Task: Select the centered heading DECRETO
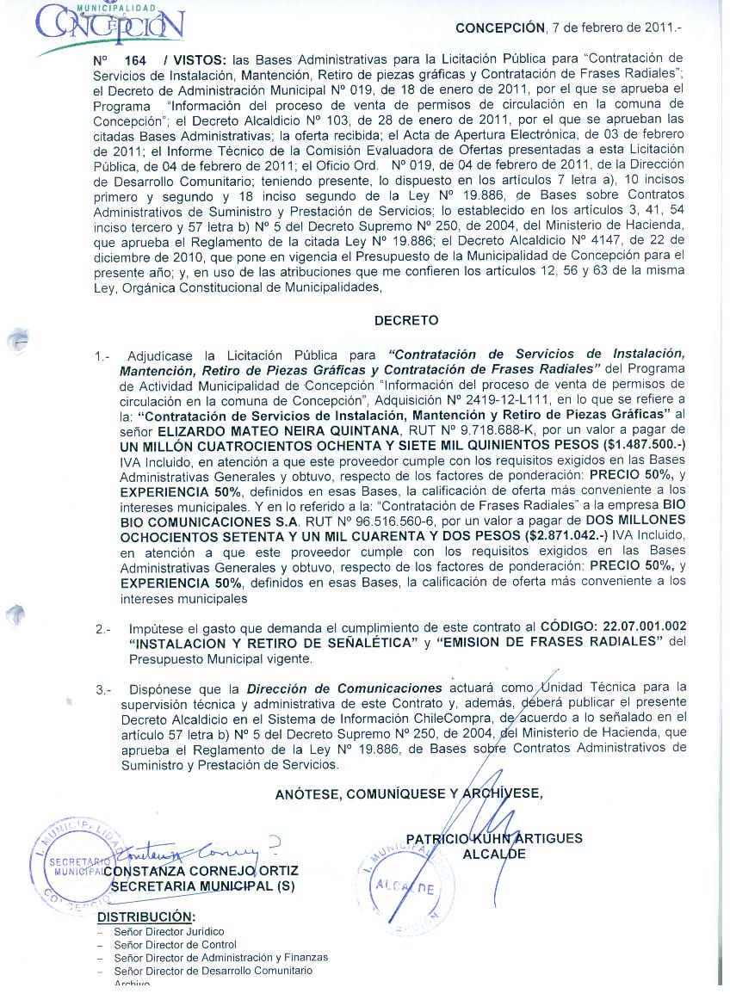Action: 406,320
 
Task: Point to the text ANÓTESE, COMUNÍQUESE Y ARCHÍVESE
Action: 409,793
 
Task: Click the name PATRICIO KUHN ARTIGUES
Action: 494,838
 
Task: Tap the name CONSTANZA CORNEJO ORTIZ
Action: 202,869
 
